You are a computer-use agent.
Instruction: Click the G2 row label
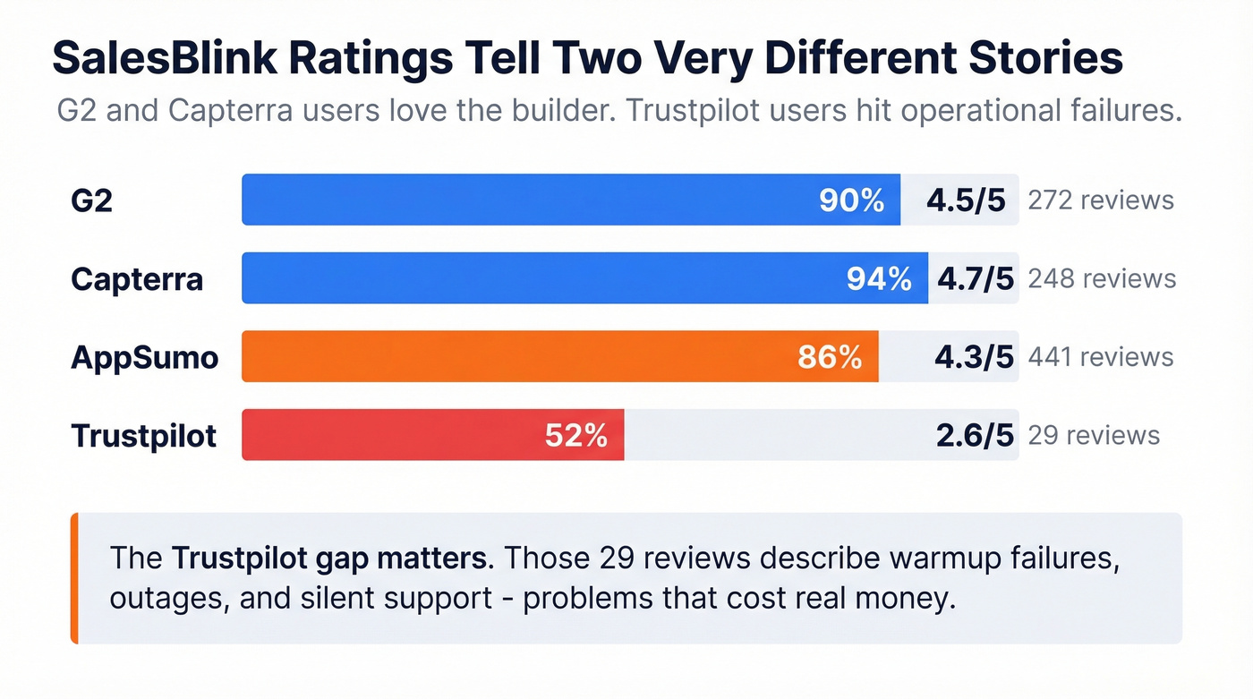tap(91, 200)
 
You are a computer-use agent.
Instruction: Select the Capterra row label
tap(137, 279)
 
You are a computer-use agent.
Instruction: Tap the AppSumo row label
tap(144, 357)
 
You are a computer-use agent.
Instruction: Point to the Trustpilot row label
tap(143, 436)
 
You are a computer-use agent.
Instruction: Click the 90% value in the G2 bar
tap(851, 200)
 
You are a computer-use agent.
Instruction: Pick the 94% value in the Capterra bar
tap(879, 279)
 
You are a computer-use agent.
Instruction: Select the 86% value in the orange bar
tap(830, 357)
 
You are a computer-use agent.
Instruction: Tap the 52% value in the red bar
tap(575, 436)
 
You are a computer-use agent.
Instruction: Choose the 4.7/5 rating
tap(975, 279)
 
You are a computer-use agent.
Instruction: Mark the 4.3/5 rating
tap(974, 357)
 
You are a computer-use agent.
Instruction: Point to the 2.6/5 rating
tap(974, 436)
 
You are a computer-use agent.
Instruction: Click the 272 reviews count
tap(1100, 200)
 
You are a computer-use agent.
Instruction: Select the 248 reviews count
tap(1101, 278)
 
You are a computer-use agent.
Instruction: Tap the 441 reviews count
tap(1100, 357)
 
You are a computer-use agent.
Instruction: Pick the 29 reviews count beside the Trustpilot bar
tap(1093, 436)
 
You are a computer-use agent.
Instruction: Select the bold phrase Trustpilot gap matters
tap(331, 558)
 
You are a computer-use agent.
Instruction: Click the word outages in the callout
tap(166, 598)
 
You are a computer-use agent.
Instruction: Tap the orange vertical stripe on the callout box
tap(74, 578)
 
